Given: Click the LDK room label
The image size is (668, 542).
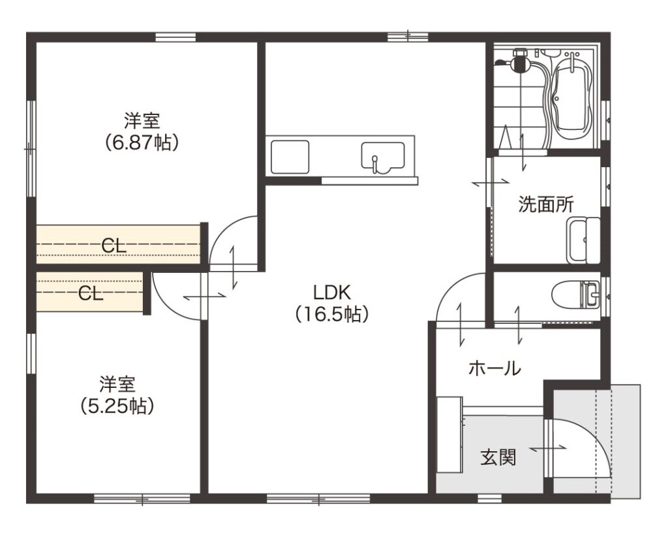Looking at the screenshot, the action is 332,304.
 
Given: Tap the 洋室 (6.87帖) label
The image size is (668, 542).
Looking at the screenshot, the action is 142,131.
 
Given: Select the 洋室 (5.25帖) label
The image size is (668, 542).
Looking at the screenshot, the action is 117,395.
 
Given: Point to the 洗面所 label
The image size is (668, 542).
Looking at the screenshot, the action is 546,204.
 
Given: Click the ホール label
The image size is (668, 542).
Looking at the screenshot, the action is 494,368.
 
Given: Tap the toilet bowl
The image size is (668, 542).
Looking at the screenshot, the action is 575,295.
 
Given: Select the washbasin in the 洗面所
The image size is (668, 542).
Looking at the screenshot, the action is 583,240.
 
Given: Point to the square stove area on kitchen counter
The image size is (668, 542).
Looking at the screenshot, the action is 290,157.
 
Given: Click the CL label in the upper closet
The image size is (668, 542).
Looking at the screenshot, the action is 114,245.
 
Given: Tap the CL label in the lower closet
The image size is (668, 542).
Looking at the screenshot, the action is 91,293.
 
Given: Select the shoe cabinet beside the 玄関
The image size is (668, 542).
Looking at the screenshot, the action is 450,434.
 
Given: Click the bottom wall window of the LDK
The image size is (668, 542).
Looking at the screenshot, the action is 318,498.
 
